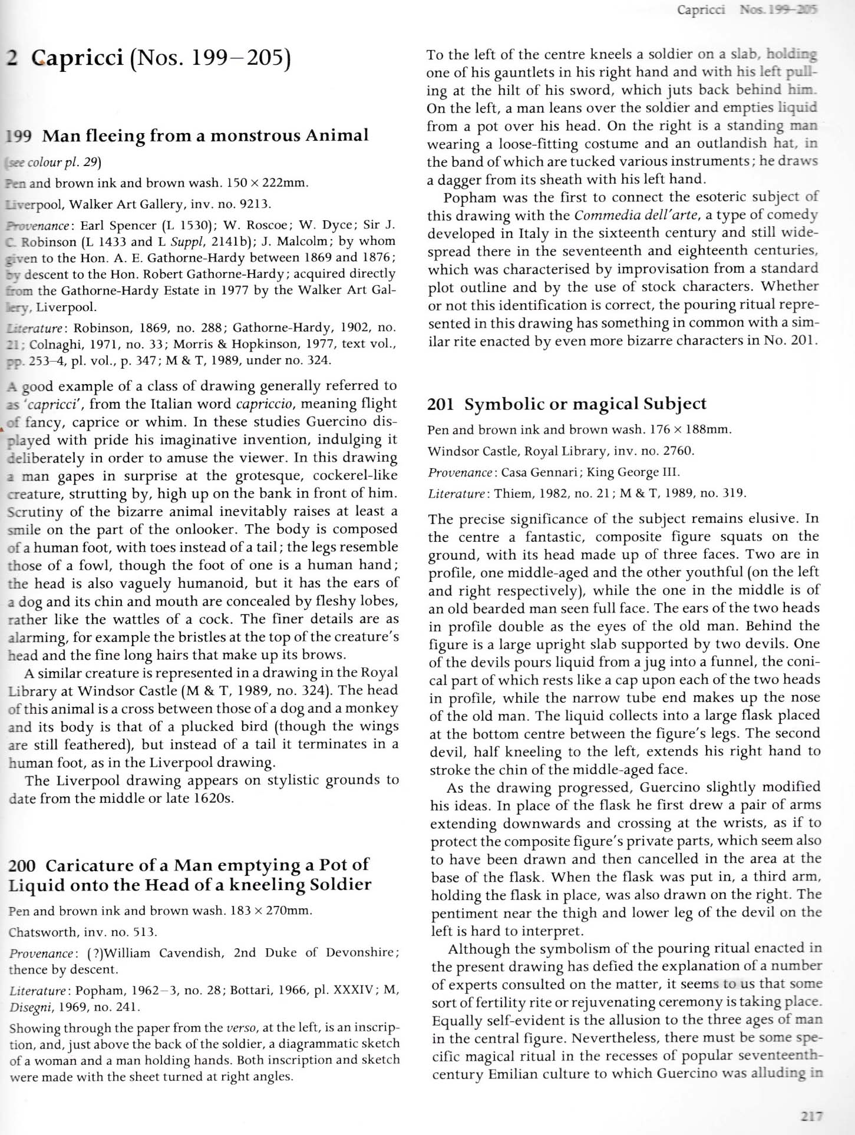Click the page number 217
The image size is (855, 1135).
[811, 1115]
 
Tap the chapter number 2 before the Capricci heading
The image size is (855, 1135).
[11, 58]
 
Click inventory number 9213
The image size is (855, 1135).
[252, 204]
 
